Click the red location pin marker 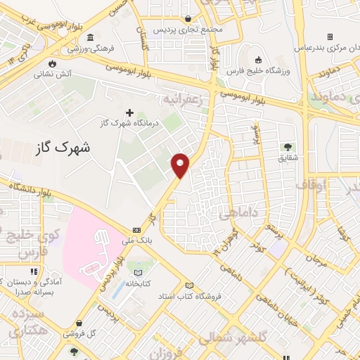pyautogui.click(x=181, y=165)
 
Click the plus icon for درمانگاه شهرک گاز pyautogui.click(x=129, y=112)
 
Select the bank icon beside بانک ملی pyautogui.click(x=136, y=230)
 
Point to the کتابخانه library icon pyautogui.click(x=138, y=272)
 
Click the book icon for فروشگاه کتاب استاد pyautogui.click(x=188, y=285)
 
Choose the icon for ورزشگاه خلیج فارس pyautogui.click(x=258, y=60)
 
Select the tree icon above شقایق pyautogui.click(x=288, y=147)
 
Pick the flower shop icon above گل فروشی pyautogui.click(x=74, y=351)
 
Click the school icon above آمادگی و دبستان pyautogui.click(x=33, y=271)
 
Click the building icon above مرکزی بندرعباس pyautogui.click(x=330, y=37)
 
